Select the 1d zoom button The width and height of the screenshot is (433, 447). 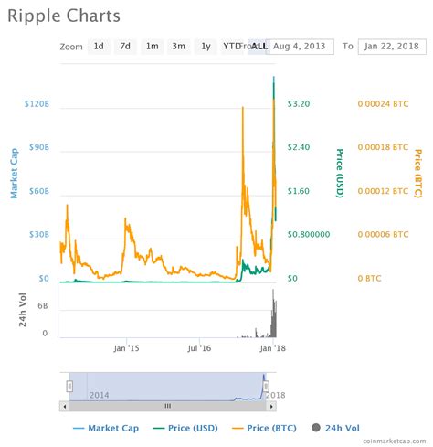(98, 46)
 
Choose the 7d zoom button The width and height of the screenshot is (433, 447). (124, 46)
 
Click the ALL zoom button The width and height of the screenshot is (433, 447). (259, 46)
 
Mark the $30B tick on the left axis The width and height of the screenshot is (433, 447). (38, 235)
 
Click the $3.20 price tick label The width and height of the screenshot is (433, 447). (299, 104)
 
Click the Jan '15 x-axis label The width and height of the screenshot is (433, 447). (126, 348)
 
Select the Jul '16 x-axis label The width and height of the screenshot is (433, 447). (199, 348)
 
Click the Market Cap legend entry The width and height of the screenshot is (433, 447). (105, 428)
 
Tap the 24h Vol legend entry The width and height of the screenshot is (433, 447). (343, 428)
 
